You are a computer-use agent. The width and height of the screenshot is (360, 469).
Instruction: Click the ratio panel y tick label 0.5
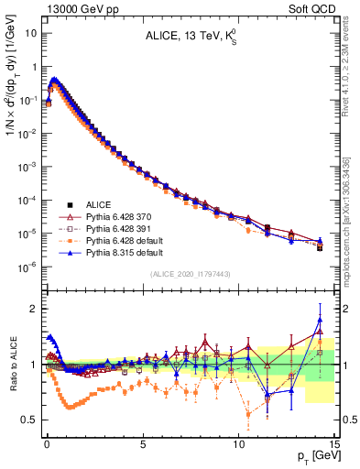(30, 420)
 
